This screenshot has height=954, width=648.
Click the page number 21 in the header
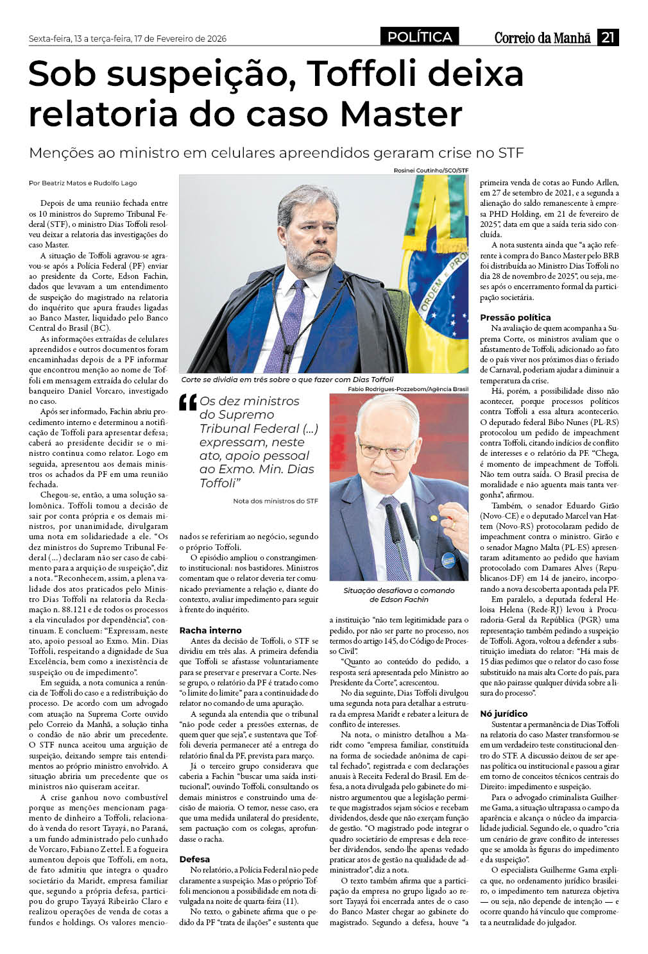[x=608, y=37]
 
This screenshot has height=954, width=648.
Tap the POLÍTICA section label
[x=420, y=37]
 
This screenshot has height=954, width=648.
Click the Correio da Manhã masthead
[x=542, y=38]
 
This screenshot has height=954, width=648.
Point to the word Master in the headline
[x=401, y=113]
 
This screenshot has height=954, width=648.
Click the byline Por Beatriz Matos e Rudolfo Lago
[x=83, y=183]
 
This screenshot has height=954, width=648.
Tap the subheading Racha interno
[x=210, y=630]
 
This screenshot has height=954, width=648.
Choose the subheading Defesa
[x=194, y=859]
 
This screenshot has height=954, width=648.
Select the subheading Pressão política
[x=515, y=317]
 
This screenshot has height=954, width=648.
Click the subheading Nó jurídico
[x=504, y=714]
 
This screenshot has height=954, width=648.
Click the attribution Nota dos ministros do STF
[x=275, y=501]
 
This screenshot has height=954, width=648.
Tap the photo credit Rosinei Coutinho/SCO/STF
[x=431, y=171]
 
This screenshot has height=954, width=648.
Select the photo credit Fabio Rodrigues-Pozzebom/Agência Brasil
[x=408, y=389]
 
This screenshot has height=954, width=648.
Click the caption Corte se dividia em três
[x=287, y=380]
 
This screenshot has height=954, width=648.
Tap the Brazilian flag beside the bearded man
[x=436, y=269]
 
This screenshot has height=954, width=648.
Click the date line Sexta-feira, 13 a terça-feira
[x=128, y=38]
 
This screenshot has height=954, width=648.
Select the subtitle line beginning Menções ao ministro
[x=277, y=153]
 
